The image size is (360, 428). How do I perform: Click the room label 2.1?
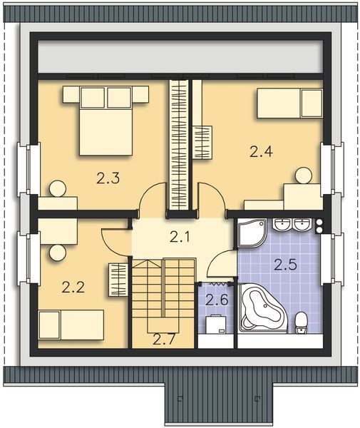(x=179, y=237)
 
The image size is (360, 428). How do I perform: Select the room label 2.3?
(x=108, y=179)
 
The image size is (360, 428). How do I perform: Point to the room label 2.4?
(x=260, y=151)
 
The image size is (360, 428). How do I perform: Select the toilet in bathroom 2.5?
(x=302, y=322)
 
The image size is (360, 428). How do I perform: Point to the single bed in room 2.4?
(x=289, y=102)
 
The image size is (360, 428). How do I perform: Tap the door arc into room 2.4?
(x=210, y=198)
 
